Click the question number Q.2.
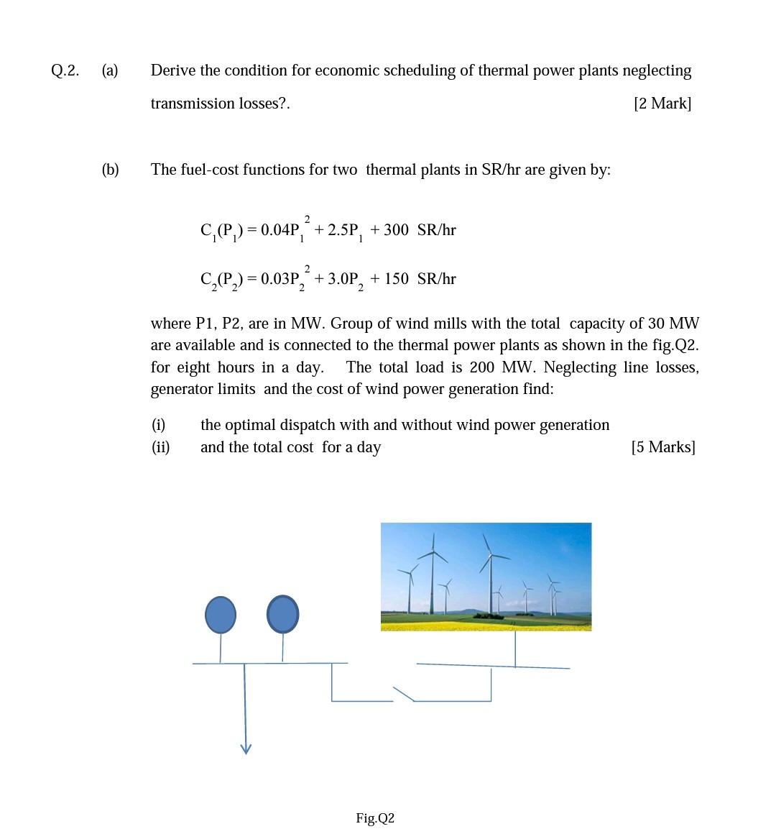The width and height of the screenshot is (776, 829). tap(65, 70)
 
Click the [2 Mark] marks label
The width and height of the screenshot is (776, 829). tap(662, 104)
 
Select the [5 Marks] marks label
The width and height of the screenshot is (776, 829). tap(662, 447)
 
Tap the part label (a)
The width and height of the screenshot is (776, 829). tap(110, 70)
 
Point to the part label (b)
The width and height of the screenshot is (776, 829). tap(110, 170)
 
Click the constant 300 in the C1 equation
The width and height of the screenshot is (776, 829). tap(396, 230)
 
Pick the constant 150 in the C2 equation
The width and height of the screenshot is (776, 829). tap(397, 279)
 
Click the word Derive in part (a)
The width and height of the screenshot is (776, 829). tap(173, 70)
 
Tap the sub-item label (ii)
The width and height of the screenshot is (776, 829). tap(160, 447)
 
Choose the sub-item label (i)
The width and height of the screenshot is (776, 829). tap(158, 425)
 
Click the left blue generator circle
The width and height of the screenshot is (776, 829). tap(221, 615)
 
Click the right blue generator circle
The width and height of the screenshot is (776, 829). tap(283, 615)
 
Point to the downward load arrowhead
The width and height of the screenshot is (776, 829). tap(246, 748)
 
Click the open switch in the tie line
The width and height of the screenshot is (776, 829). tap(404, 693)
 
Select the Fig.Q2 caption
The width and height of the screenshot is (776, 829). tap(375, 818)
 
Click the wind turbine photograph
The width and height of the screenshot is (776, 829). tap(486, 577)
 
